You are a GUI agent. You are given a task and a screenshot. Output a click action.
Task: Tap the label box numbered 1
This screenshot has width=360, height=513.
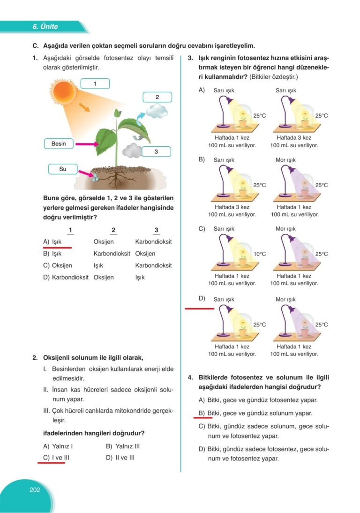point(95,84)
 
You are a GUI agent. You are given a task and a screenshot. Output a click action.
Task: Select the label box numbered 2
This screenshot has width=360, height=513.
point(157,98)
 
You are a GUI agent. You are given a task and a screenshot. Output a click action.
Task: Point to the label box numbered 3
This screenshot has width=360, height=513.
point(156,151)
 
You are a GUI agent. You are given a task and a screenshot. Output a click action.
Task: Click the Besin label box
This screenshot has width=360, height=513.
point(59,143)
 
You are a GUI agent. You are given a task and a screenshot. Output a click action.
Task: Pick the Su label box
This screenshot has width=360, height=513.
point(63,169)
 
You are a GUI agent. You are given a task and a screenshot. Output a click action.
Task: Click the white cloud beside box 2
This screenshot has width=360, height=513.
point(157,111)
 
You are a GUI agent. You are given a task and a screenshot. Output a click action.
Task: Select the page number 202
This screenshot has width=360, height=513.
point(35,490)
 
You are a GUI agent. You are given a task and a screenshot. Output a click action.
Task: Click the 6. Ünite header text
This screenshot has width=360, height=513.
point(45,27)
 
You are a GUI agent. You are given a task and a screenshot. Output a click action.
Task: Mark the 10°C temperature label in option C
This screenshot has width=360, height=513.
point(260,254)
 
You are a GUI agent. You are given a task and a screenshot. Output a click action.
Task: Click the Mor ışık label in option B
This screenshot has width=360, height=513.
point(285,160)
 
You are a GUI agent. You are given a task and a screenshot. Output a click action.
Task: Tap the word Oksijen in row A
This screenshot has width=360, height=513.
point(104,241)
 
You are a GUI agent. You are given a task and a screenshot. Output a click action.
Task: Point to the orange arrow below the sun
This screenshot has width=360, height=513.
point(84,108)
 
